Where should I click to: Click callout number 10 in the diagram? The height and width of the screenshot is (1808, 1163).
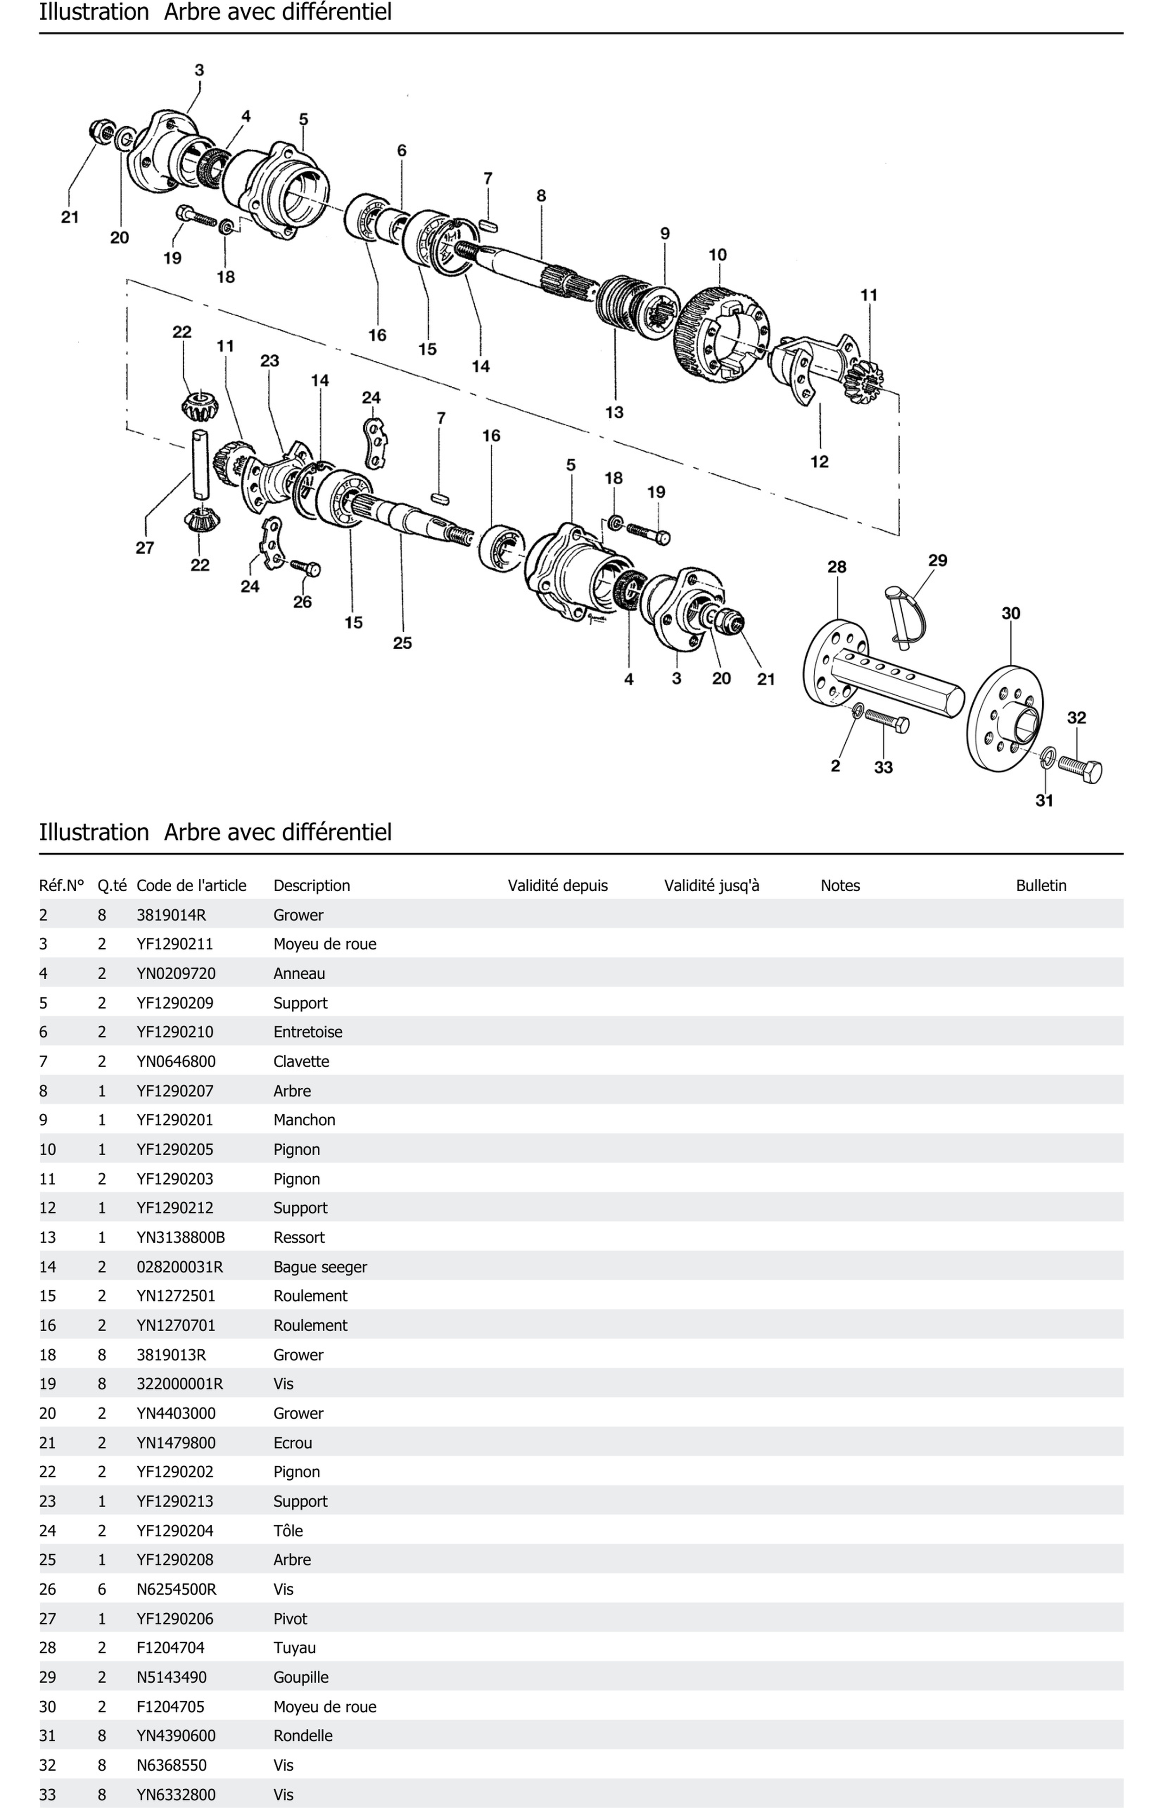coord(717,255)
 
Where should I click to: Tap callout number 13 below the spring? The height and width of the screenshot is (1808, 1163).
coord(614,412)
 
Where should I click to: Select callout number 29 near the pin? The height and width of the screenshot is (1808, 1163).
coord(937,560)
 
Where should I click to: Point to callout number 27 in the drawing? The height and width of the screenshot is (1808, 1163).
coord(145,548)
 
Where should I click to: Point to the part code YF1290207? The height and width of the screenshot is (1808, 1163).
coord(175,1091)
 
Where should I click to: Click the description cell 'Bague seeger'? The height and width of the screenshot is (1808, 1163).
coord(320,1266)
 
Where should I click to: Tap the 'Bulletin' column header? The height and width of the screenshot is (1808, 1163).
coord(1041,885)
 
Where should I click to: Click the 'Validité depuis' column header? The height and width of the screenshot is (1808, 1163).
coord(557,885)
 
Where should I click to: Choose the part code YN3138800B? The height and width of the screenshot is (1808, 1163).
coord(180,1237)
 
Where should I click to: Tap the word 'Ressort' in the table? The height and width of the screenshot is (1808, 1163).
coord(299,1237)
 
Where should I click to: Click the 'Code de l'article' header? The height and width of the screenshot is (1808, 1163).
coord(191,885)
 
